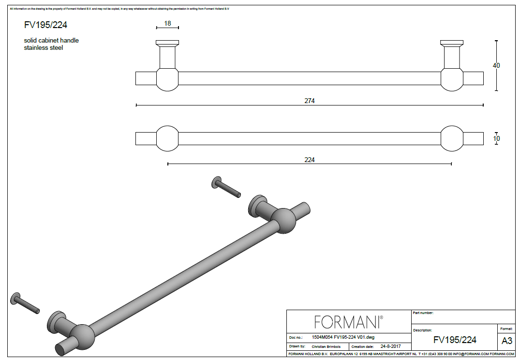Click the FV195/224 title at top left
coord(45,25)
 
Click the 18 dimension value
coord(167,23)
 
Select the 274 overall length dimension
coord(310,101)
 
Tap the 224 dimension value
coord(310,160)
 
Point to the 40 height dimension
coord(496,65)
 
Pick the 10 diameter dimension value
coord(496,138)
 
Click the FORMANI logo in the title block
coord(349,322)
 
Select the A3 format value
coord(507,341)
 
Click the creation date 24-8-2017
coord(390,346)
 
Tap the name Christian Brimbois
coord(326,346)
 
